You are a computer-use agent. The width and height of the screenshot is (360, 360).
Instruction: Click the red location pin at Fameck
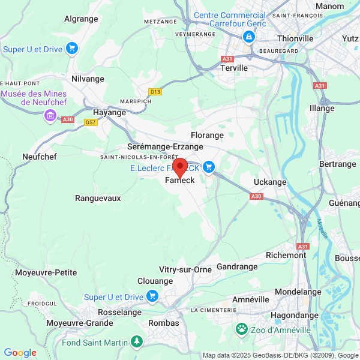coord(179,167)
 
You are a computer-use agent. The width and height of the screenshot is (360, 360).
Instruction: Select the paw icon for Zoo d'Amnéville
coord(242,329)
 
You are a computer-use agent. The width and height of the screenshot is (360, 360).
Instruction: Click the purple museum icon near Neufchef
coord(50,115)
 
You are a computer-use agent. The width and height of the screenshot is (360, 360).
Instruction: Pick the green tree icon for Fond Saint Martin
coord(138,342)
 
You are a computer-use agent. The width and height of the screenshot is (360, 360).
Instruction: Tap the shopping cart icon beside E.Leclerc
coord(209,167)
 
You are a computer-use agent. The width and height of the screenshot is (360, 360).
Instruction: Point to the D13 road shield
coord(156,92)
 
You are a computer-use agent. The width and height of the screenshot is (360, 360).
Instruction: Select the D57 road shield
coord(91,122)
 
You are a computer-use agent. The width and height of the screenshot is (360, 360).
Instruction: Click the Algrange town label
coord(80,19)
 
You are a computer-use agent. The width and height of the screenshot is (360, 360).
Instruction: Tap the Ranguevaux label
coord(98,197)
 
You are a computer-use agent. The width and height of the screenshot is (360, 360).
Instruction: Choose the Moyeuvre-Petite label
coord(46,272)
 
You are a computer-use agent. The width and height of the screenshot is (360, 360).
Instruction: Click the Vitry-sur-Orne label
coord(185,269)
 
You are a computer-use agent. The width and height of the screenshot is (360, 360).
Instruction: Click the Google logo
coord(20,353)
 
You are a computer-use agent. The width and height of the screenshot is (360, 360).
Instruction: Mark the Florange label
coord(206,136)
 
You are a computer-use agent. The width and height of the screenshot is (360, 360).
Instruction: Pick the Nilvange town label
coord(88,79)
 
